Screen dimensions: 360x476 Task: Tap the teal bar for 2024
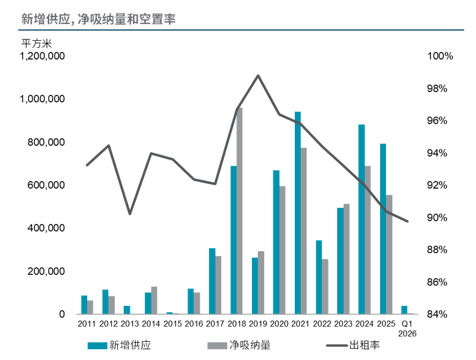point(361,219)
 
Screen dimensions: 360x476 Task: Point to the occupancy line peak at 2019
point(258,76)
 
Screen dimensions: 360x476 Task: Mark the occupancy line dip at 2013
point(130,214)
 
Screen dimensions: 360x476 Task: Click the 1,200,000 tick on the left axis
point(42,56)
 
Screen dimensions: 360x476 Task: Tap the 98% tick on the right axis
point(436,89)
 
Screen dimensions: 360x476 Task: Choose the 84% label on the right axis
point(436,314)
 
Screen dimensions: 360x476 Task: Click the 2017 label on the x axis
point(215,324)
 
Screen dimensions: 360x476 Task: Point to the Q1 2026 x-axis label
point(407,328)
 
